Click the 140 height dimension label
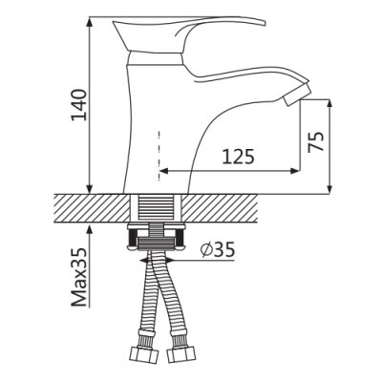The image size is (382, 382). [78, 105]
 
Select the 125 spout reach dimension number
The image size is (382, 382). [238, 157]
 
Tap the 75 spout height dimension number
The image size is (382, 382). [316, 141]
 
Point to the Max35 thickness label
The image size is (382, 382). [78, 277]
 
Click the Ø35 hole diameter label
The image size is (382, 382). [218, 249]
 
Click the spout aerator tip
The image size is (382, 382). [297, 94]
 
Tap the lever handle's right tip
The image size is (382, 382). [265, 23]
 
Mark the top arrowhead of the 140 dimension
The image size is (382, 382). [91, 21]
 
